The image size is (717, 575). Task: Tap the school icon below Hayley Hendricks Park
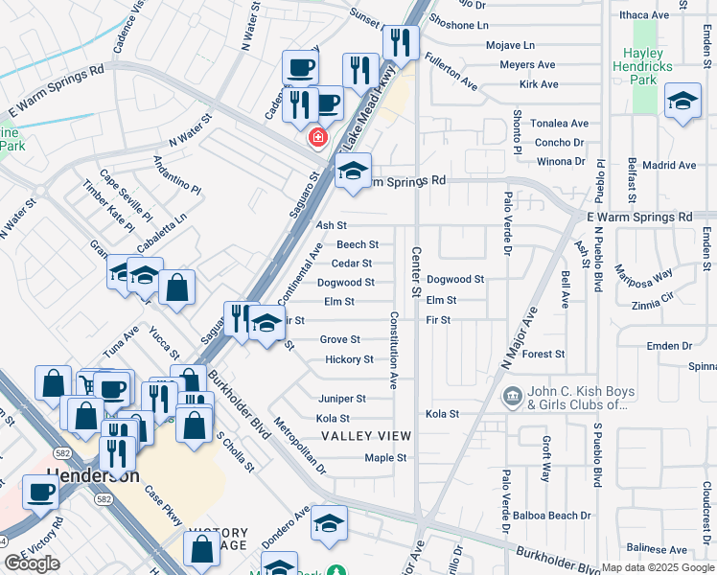682,103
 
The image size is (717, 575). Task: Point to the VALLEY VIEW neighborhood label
365,436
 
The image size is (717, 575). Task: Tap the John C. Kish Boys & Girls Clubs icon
513,396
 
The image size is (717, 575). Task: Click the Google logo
32,563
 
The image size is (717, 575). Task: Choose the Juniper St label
342,398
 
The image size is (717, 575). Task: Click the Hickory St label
349,359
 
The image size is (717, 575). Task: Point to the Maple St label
385,457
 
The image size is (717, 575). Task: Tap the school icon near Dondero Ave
329,524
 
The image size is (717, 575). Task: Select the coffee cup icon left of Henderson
41,493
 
